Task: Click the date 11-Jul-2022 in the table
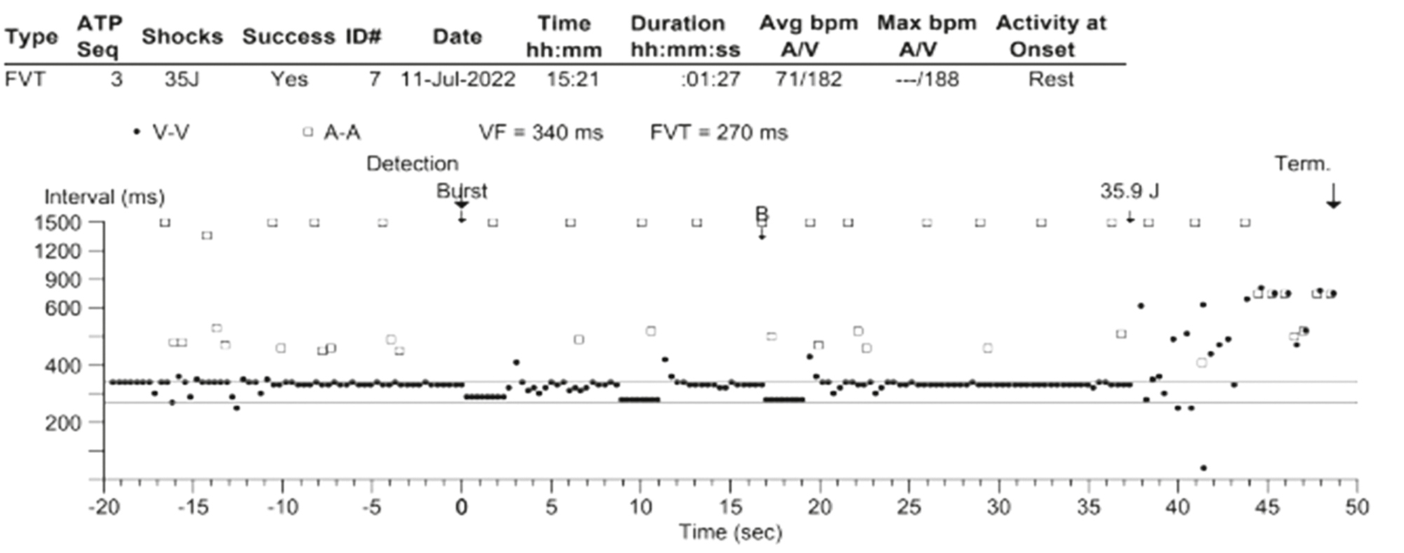[458, 79]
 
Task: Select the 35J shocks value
[182, 79]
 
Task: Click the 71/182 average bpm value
[808, 79]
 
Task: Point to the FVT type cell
[25, 79]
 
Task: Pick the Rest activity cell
[1051, 79]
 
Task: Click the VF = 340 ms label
[540, 132]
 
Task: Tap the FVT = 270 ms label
[718, 132]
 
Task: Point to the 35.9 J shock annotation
[1129, 191]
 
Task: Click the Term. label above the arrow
[1302, 165]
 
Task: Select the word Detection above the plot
[412, 164]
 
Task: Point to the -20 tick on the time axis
[104, 507]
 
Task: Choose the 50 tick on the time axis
[1357, 507]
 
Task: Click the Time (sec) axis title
[730, 533]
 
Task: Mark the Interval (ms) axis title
[104, 197]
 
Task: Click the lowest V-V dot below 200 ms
[1204, 467]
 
